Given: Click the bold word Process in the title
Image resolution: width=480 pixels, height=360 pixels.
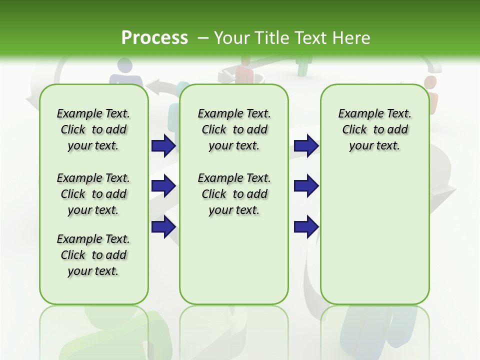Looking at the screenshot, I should [x=154, y=38].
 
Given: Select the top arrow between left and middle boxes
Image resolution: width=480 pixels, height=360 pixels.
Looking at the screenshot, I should [x=163, y=145].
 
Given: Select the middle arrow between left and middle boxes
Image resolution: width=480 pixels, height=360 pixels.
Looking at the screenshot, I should [x=163, y=186].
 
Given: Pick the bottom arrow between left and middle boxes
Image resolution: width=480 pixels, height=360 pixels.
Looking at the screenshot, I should [x=163, y=226].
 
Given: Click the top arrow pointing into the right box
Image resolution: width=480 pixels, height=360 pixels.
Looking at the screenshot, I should [x=306, y=145].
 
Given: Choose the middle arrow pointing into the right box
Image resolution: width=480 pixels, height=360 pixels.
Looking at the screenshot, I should [x=306, y=186].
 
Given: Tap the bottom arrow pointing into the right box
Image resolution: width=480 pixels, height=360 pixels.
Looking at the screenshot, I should [x=306, y=226].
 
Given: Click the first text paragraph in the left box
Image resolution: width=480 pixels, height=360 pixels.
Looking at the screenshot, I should [x=93, y=129].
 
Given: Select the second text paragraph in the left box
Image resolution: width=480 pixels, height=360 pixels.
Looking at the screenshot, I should [x=93, y=194].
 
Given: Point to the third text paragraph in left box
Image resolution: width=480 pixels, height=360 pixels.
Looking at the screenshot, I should [x=93, y=255].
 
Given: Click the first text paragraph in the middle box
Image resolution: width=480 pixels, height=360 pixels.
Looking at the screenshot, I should [x=234, y=129].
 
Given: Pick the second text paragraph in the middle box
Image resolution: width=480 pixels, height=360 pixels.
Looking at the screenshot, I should [x=234, y=194].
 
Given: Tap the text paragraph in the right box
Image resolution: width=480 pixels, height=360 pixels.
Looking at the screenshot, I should [x=374, y=129].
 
